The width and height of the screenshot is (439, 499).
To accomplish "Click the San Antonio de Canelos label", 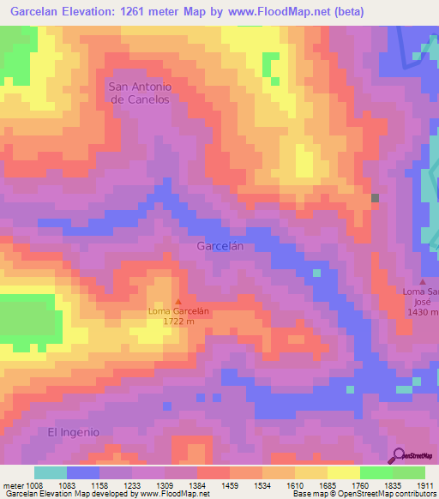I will coord(139,93).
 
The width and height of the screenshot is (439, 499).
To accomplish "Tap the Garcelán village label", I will coord(221,246).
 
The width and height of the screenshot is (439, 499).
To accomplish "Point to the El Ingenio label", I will coord(74,431).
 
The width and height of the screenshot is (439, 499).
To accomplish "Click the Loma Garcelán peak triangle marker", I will coord(178,300).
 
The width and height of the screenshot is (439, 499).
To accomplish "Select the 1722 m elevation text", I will coord(178,322).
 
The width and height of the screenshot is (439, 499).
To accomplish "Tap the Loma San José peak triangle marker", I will coord(422,281).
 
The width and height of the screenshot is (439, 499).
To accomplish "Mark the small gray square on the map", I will coord(375,198).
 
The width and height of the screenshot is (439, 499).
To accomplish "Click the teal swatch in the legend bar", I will coord(51,472).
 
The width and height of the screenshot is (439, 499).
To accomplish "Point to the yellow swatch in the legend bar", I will coord(344,472).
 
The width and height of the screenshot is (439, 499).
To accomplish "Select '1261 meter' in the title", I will coord(171,12).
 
